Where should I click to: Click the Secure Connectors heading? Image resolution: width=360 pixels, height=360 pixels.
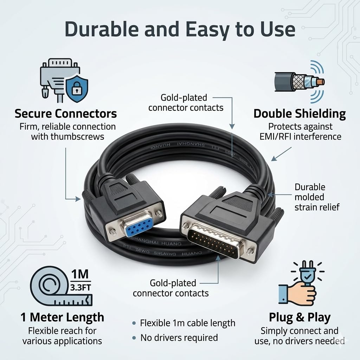coord(66,114)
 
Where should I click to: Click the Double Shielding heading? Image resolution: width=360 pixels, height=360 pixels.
coord(300,114)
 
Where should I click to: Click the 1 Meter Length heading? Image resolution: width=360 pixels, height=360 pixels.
coord(62,317)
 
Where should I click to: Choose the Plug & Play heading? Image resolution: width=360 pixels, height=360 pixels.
coord(300,317)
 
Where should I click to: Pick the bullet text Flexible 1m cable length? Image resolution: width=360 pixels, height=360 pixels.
coord(187,323)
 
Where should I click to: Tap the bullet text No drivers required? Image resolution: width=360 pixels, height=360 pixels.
coord(179,338)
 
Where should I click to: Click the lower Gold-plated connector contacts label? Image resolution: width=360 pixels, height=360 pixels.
coord(171,288)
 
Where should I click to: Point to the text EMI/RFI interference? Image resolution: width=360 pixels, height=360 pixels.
coord(300,136)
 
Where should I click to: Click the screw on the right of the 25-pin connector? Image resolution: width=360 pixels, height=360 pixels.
coord(250,251)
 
